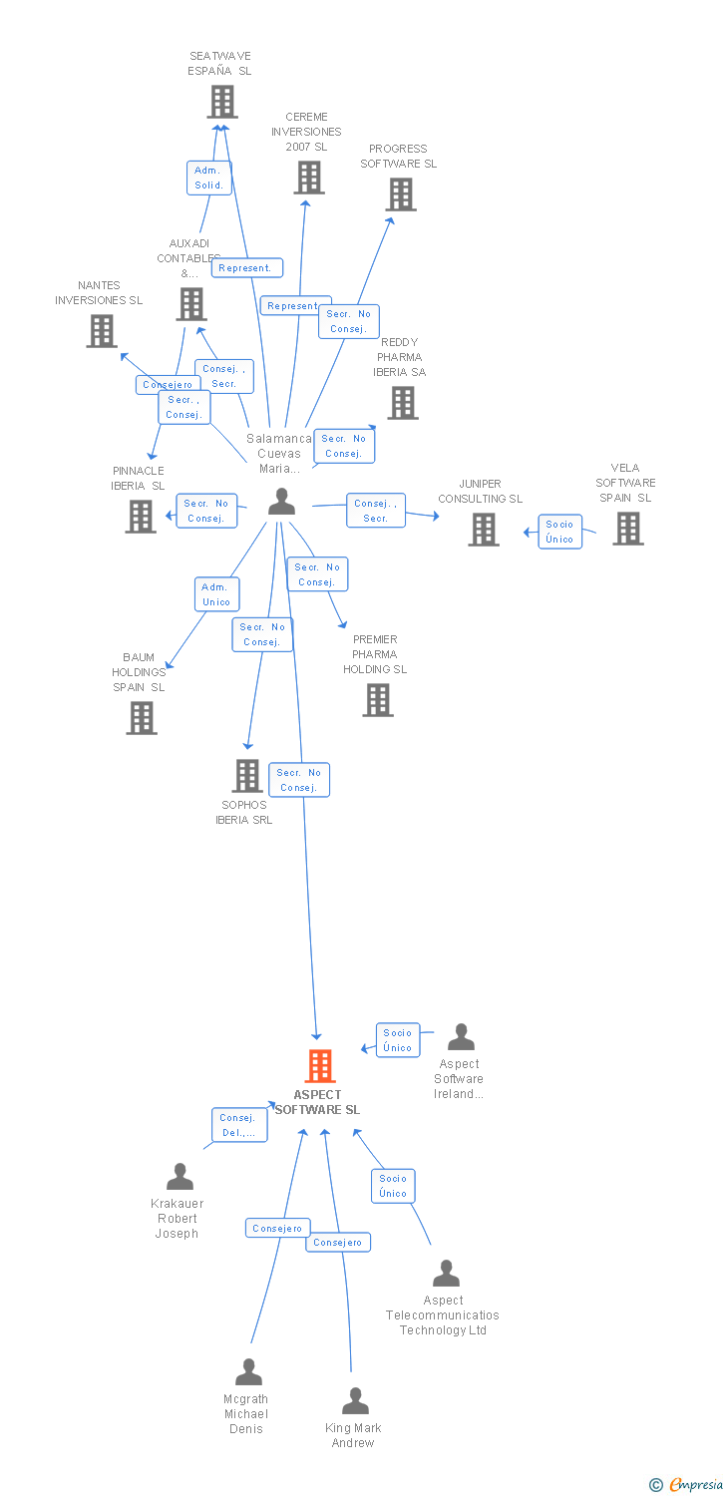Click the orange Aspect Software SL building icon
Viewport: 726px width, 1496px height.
click(x=319, y=1066)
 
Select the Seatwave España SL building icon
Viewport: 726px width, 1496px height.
click(x=221, y=102)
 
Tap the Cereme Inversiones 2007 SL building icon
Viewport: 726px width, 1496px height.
click(x=308, y=178)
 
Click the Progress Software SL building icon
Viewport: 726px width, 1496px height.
click(x=401, y=194)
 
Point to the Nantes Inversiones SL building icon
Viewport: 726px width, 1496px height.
click(x=101, y=331)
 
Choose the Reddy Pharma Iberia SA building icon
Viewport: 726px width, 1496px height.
click(x=402, y=403)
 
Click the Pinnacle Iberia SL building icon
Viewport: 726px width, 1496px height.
click(x=141, y=516)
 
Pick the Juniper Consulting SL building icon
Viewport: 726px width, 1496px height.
click(x=484, y=530)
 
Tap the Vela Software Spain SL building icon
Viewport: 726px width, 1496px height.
click(x=627, y=529)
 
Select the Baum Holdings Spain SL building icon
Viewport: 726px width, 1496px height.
click(x=142, y=718)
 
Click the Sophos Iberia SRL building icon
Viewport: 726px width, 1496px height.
click(x=246, y=775)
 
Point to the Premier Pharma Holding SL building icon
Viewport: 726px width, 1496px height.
click(x=377, y=700)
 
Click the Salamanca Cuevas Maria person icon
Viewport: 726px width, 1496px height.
click(x=282, y=502)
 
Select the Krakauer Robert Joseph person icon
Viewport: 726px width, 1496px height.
click(x=180, y=1177)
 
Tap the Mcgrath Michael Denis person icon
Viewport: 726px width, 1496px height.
click(x=248, y=1372)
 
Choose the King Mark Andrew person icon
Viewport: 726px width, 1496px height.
click(x=355, y=1401)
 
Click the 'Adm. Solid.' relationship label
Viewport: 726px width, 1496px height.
click(x=209, y=178)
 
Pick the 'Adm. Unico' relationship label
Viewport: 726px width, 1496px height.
click(x=216, y=594)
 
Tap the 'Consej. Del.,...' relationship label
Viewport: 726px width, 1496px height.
click(x=238, y=1125)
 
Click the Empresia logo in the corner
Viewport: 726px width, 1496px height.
click(x=687, y=1485)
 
